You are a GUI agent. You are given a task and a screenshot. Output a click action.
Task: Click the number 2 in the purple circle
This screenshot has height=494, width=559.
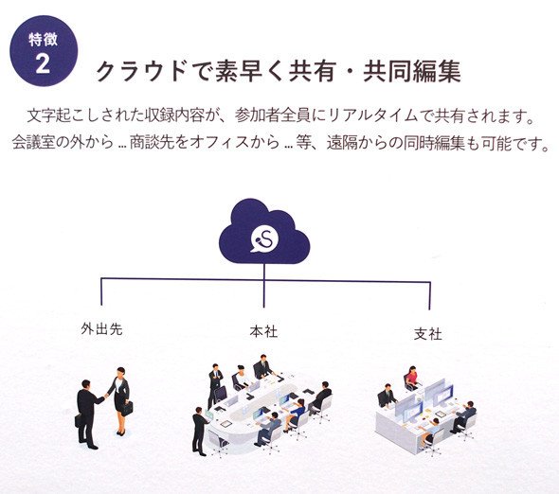[43, 64]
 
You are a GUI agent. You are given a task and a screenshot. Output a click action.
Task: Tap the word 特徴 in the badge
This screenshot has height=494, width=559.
[43, 39]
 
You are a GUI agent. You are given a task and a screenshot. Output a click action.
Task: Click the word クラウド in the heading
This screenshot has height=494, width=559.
[141, 71]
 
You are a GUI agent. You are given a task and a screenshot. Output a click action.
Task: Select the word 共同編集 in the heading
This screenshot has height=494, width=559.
[412, 71]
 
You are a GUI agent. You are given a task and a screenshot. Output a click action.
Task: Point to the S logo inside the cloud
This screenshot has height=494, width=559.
[264, 238]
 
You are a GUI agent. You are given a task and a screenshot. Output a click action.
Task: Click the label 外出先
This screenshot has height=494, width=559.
[101, 328]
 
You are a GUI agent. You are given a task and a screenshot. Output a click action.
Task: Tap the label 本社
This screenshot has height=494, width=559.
[263, 331]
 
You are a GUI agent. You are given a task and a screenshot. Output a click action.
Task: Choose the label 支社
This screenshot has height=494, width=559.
[428, 334]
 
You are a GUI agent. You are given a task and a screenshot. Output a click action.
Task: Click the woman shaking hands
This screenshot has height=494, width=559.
[121, 400]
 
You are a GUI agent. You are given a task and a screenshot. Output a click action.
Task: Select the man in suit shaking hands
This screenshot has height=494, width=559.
[88, 415]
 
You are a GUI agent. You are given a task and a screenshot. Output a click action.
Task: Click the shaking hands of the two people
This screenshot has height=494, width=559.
[106, 396]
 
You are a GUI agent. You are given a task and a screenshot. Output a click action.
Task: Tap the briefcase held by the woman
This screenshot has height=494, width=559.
[127, 408]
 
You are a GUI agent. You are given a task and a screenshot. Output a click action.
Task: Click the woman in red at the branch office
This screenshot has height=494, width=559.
[412, 379]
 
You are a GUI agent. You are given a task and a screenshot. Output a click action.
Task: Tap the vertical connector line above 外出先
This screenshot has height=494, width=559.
[101, 291]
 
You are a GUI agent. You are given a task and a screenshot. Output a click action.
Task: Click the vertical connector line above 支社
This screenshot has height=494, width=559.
[429, 295]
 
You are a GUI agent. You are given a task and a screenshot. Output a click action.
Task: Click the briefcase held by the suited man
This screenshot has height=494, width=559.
[78, 421]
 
